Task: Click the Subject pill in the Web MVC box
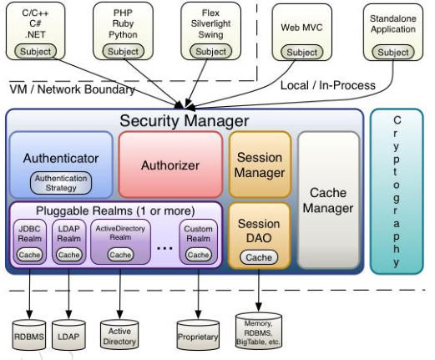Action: [302, 53]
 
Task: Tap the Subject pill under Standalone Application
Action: [393, 53]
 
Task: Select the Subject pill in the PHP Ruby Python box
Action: [123, 52]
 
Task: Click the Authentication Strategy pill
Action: [61, 183]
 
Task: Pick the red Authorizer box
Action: [170, 165]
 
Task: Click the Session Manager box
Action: [260, 165]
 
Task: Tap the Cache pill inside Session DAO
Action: [259, 257]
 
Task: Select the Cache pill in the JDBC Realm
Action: [29, 255]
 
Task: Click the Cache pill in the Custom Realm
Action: [198, 255]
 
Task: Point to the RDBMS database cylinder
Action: [29, 335]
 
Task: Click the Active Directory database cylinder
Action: [119, 335]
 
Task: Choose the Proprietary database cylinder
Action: [198, 335]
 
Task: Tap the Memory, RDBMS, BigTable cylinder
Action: [259, 331]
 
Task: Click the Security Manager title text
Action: [185, 121]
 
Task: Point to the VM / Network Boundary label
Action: [72, 89]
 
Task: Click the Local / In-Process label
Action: [328, 85]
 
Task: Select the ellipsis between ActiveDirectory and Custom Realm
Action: [164, 247]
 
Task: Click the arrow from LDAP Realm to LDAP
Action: [68, 294]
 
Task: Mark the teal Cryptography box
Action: [397, 191]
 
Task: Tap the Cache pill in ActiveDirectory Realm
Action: [120, 255]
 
